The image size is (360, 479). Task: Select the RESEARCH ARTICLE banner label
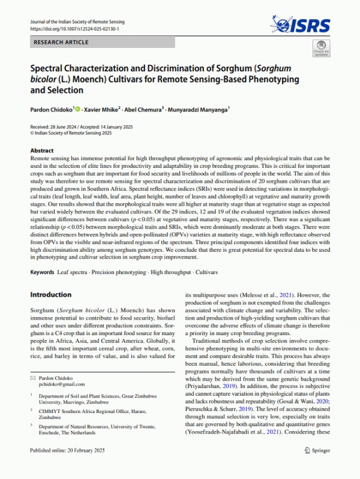tap(60, 43)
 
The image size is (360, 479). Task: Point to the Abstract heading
tap(42, 151)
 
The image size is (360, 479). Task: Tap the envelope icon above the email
tap(33, 378)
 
